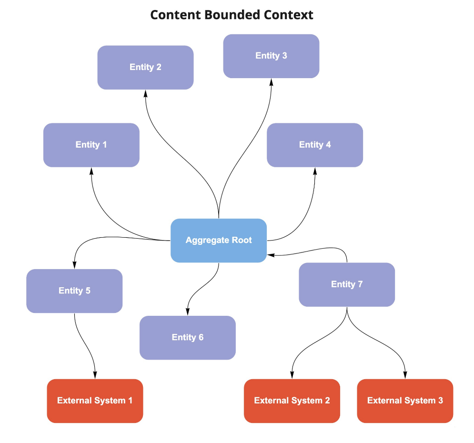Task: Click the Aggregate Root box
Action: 219,241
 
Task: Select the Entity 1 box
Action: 91,145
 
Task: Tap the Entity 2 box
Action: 145,67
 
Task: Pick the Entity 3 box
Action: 271,56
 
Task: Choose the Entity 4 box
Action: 315,145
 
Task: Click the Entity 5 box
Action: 74,291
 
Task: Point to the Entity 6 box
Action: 187,337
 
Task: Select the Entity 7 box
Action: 347,284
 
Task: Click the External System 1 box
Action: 95,401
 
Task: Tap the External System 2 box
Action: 292,401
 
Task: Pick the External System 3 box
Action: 405,401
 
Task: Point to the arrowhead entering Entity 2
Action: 145,93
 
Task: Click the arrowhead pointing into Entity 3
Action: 271,82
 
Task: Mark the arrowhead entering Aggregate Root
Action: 271,255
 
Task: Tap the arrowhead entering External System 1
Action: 95,375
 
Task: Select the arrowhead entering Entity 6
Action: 187,312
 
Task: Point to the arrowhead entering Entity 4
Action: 315,171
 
